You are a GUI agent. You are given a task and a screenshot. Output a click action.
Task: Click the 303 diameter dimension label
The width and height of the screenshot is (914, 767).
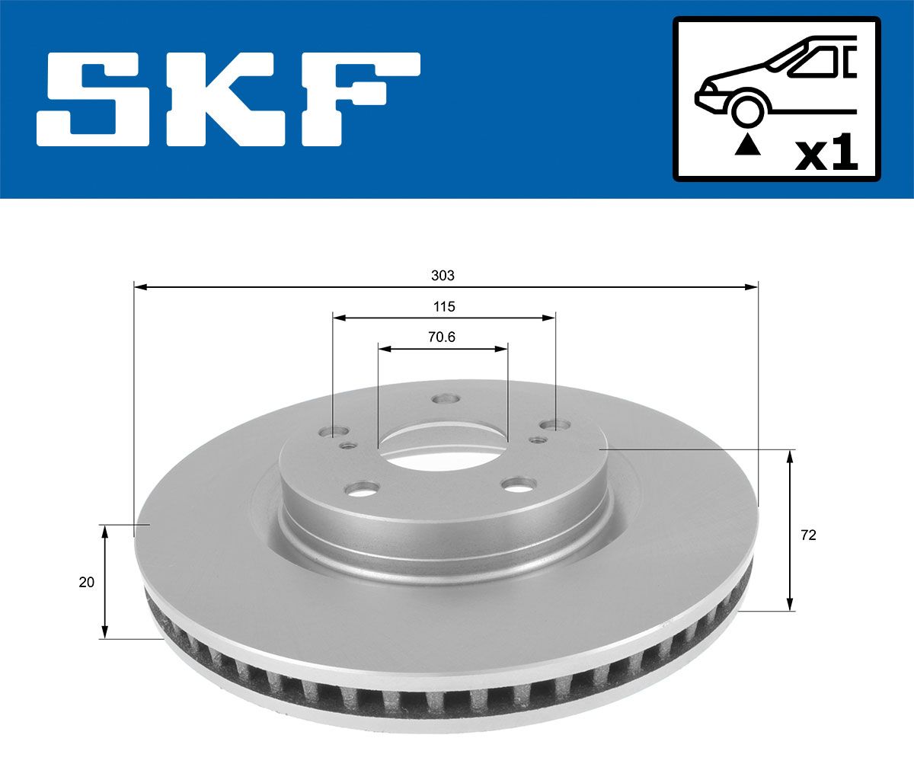click(443, 276)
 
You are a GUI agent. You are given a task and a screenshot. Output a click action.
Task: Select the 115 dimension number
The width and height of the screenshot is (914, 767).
click(444, 306)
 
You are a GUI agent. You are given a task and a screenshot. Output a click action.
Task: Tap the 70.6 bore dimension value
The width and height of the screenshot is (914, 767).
click(442, 337)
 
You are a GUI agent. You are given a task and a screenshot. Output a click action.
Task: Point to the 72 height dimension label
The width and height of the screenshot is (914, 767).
click(808, 535)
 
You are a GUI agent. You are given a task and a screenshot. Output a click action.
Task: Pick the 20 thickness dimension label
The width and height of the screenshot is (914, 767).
click(86, 582)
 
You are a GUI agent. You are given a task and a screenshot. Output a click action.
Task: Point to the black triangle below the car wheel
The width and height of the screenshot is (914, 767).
click(748, 145)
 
